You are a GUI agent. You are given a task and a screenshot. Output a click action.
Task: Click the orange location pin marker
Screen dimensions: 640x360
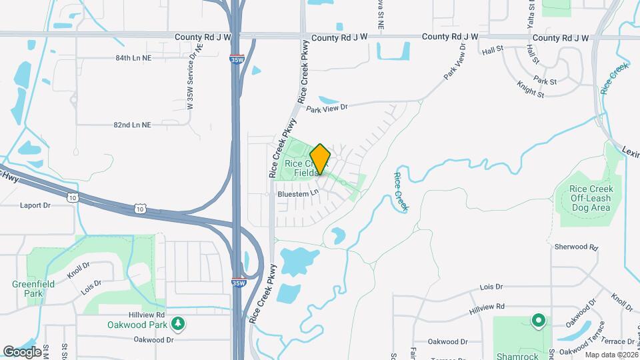(x=321, y=159)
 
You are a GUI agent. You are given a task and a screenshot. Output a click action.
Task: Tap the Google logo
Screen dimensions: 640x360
(x=22, y=351)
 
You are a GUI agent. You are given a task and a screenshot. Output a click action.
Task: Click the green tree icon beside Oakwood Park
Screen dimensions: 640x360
(x=178, y=324)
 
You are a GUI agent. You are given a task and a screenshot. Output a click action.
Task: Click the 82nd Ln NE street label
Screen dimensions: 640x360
(x=133, y=125)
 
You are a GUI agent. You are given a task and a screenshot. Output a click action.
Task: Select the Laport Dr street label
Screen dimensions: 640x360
(x=35, y=205)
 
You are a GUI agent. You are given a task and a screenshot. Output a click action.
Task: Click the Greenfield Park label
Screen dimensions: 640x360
(x=28, y=288)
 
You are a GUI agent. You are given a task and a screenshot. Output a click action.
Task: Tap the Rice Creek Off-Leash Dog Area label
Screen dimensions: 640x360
(x=590, y=199)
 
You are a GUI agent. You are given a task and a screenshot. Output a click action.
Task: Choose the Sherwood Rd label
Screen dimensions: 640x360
(x=576, y=247)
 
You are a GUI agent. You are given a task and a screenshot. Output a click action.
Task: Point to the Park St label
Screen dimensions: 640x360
(x=545, y=81)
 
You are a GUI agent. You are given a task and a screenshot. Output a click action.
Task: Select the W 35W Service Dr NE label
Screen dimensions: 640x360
(x=193, y=77)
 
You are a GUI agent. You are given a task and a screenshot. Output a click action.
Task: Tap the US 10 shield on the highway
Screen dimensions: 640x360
(x=71, y=197)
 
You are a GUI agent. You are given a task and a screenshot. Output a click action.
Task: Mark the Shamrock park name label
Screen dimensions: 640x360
(x=517, y=356)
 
